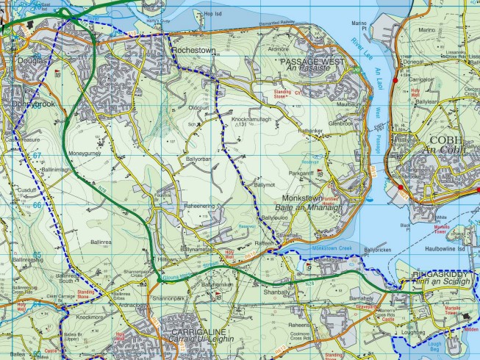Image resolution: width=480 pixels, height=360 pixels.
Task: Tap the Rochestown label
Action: coord(193,51)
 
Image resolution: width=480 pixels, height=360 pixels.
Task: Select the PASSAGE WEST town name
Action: coord(312,63)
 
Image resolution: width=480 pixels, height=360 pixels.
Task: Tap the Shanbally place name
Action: coord(276,292)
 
